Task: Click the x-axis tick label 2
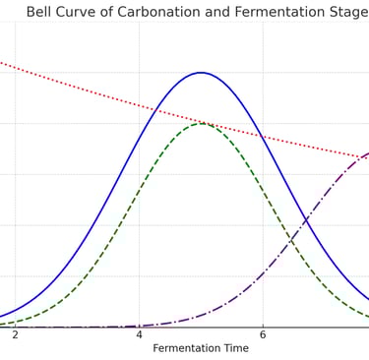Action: pos(15,335)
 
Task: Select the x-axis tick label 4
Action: pos(139,335)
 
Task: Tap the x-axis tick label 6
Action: pos(263,335)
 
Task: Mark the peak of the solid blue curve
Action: pos(201,73)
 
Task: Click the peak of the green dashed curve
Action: pos(201,123)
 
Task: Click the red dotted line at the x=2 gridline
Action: pos(15,66)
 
